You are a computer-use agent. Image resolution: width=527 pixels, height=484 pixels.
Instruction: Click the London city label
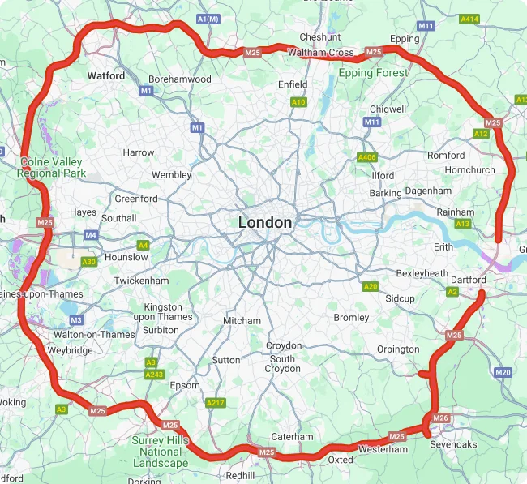265,222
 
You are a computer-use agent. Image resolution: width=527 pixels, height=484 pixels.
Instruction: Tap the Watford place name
106,76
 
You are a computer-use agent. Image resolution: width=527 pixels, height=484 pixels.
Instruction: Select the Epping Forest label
373,73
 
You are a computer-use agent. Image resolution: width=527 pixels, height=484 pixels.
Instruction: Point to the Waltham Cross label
319,53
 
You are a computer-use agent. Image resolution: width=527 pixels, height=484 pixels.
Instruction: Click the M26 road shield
440,418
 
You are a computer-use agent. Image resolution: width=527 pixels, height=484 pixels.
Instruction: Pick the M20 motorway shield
503,372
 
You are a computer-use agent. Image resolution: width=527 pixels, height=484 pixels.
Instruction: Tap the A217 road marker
216,403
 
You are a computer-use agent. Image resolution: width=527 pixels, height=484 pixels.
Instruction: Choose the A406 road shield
367,157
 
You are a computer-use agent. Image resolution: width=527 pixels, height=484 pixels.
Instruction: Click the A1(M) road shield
208,19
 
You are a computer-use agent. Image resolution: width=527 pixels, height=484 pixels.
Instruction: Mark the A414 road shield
469,19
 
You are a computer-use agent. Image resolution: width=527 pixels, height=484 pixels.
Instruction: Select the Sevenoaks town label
453,444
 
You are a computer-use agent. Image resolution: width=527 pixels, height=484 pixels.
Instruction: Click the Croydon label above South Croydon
283,346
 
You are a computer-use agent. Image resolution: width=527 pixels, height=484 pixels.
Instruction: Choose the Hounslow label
127,257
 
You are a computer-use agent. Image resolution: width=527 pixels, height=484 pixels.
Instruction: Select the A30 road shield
89,262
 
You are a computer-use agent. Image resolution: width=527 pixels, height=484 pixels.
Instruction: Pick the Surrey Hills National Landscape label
161,452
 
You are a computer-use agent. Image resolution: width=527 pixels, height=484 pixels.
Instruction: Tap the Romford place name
446,155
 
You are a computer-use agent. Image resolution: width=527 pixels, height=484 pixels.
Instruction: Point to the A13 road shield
464,223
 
